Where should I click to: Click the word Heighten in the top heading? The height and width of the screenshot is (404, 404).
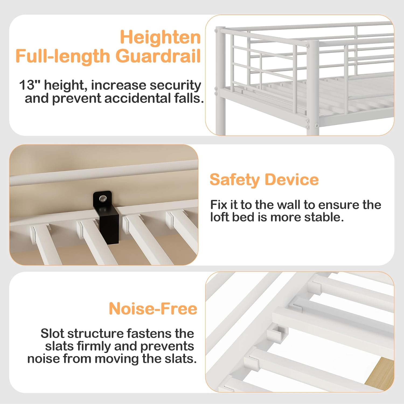click(160, 37)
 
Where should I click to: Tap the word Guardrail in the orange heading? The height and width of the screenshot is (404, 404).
click(158, 56)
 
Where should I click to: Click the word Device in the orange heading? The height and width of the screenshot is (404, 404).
click(292, 179)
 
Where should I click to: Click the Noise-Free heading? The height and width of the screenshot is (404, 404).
click(153, 308)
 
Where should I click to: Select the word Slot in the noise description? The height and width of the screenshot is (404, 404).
click(53, 333)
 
